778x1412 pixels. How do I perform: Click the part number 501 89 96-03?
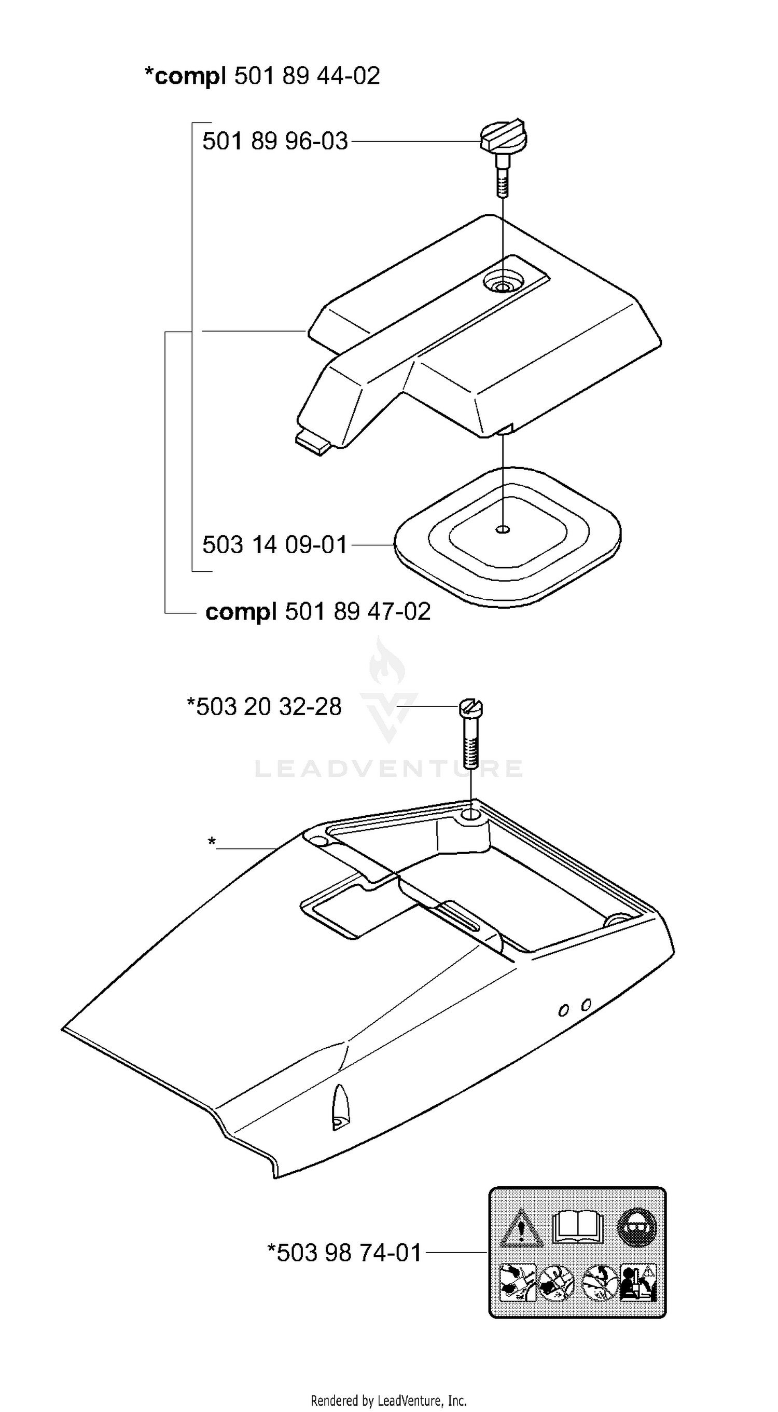pyautogui.click(x=275, y=142)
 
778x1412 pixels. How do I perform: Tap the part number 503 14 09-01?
pyautogui.click(x=275, y=545)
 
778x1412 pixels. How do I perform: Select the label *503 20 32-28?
pyautogui.click(x=264, y=707)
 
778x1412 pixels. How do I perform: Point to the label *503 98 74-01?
pyautogui.click(x=344, y=1253)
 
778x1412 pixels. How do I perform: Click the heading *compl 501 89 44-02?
pyautogui.click(x=262, y=76)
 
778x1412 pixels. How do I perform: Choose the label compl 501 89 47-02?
pyautogui.click(x=318, y=612)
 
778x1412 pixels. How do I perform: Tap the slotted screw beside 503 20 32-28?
pyautogui.click(x=470, y=733)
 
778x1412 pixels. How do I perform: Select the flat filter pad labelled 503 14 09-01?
pyautogui.click(x=507, y=537)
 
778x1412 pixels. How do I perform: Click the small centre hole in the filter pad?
pyautogui.click(x=503, y=529)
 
